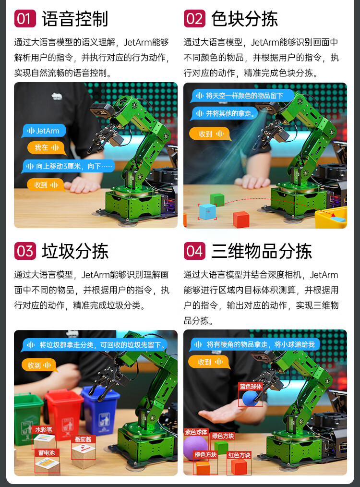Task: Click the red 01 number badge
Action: click(x=25, y=18)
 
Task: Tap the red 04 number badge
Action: click(x=194, y=251)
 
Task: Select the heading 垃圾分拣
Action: click(x=75, y=251)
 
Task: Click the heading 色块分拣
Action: click(x=244, y=19)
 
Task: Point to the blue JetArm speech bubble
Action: click(x=44, y=131)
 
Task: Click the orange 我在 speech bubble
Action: click(x=47, y=147)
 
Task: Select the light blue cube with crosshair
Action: click(x=207, y=211)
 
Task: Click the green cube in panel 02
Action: click(x=217, y=199)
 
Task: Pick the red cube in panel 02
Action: click(x=241, y=219)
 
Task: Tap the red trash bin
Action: click(x=64, y=413)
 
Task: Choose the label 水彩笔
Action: click(x=44, y=429)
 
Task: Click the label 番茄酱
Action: click(x=83, y=439)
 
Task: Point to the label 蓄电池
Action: click(x=47, y=453)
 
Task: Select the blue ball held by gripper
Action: click(x=250, y=398)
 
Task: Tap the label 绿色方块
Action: click(x=223, y=436)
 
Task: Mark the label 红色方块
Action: click(x=239, y=455)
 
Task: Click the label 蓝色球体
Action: click(x=251, y=386)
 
